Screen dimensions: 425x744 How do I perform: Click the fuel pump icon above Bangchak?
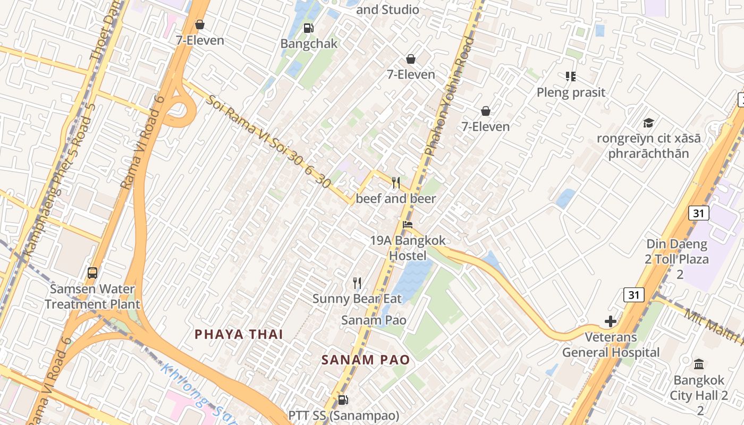coord(308,28)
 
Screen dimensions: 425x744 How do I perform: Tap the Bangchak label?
coord(309,44)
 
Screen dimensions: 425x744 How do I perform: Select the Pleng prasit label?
coord(571,92)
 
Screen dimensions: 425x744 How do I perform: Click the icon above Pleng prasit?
coord(571,76)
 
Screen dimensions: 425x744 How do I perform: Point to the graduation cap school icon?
coord(648,123)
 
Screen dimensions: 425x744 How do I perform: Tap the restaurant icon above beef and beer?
coord(395,183)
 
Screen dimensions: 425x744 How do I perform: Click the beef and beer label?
coord(395,199)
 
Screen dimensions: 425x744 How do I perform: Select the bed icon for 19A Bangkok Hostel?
coord(408,224)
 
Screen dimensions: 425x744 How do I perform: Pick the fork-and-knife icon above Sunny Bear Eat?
coord(357,283)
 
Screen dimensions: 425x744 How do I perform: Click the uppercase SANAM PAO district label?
coord(366,360)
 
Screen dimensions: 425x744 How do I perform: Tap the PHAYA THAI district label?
coord(239,334)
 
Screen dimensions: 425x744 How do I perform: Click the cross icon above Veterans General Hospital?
coord(610,321)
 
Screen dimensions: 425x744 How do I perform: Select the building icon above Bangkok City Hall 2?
coord(699,364)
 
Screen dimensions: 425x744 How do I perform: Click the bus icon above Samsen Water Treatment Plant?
coord(92,273)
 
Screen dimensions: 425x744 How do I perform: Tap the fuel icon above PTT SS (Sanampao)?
coord(343,399)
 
